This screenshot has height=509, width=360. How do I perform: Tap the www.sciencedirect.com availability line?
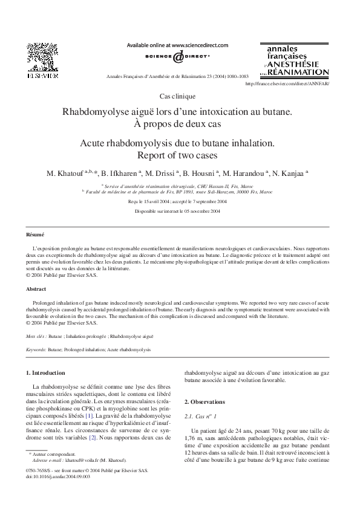pos(177,45)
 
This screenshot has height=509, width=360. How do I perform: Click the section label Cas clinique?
pos(177,96)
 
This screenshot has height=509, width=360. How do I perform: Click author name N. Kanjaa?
pos(289,173)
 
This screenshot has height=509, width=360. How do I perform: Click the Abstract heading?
pos(36,289)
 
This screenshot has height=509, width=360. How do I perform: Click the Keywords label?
pos(37,349)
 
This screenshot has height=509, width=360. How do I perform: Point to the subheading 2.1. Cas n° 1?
pos(200,417)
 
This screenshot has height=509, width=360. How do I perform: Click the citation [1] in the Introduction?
pos(89,417)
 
